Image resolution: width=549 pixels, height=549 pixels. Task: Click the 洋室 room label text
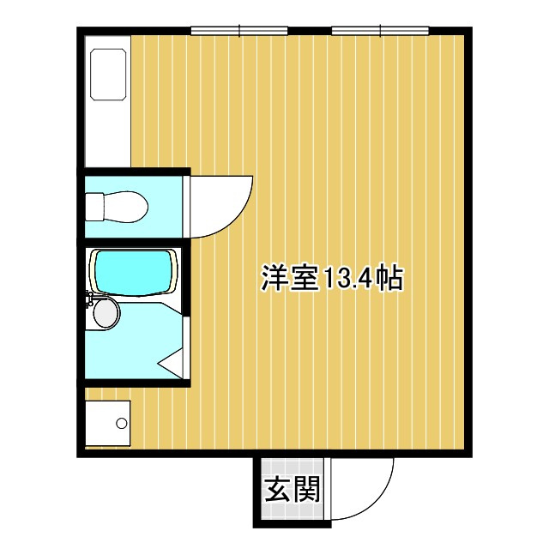tap(290, 278)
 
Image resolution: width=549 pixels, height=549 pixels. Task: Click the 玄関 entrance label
tap(292, 490)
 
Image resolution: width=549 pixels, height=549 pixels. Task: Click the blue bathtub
tap(134, 272)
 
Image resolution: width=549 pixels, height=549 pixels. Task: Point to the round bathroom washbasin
tap(106, 312)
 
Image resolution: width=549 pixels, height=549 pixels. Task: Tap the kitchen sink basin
tap(108, 75)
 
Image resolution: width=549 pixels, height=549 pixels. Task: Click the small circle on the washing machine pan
tap(122, 423)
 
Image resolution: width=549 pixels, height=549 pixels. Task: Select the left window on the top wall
tap(239, 31)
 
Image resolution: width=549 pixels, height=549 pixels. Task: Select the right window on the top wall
tap(381, 31)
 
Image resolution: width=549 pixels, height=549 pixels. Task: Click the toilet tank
tap(94, 207)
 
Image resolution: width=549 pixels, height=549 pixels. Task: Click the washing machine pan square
tap(108, 423)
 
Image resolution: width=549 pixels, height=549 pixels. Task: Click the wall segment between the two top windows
tap(310, 31)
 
